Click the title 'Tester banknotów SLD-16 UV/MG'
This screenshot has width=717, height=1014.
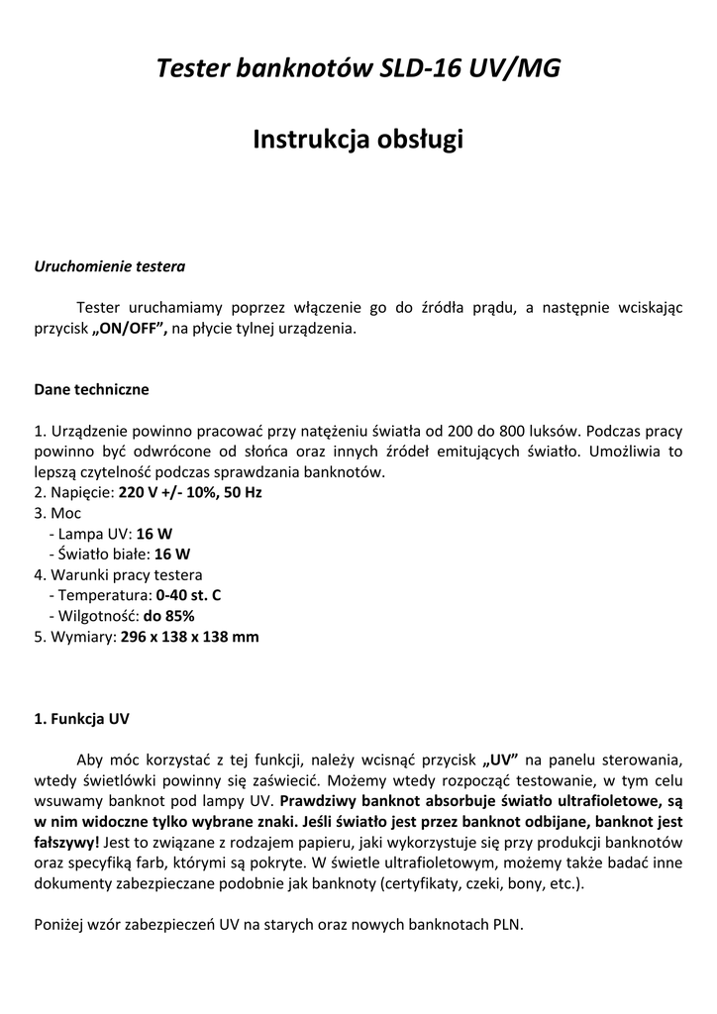click(x=358, y=68)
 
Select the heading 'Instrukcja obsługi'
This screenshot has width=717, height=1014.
click(x=358, y=140)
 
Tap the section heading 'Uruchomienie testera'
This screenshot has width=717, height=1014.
click(x=110, y=266)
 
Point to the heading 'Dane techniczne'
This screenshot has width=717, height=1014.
click(x=91, y=389)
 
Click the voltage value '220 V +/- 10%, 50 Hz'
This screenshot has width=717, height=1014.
click(x=190, y=492)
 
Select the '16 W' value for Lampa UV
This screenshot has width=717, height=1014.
click(x=154, y=533)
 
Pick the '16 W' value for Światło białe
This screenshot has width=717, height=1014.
click(x=172, y=554)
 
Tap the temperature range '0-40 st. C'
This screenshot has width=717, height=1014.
click(x=188, y=595)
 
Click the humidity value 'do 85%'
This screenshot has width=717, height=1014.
click(x=168, y=616)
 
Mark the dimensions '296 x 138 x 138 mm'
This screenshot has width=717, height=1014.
click(x=189, y=637)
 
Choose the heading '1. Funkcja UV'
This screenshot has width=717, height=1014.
click(x=81, y=718)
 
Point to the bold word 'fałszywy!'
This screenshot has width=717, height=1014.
click(x=67, y=842)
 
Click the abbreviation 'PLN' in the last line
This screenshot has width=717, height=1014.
click(x=507, y=924)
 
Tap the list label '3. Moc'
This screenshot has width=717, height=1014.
click(x=57, y=513)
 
